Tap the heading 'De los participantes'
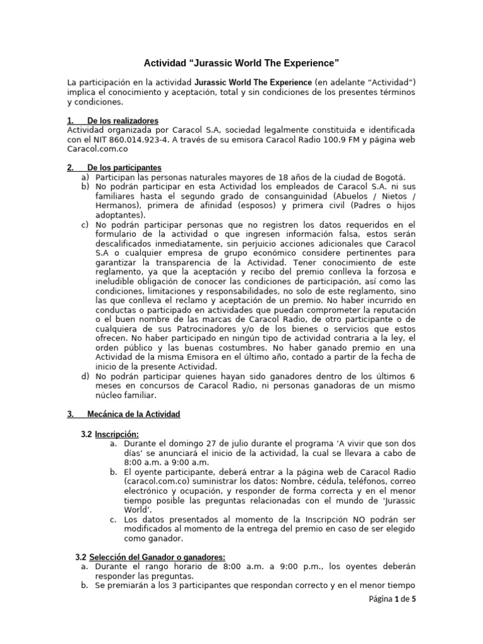tap(124, 168)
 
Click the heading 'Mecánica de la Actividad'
tap(133, 414)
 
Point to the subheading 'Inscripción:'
tap(117, 434)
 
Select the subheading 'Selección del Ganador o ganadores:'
tap(157, 557)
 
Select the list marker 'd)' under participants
tap(85, 376)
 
